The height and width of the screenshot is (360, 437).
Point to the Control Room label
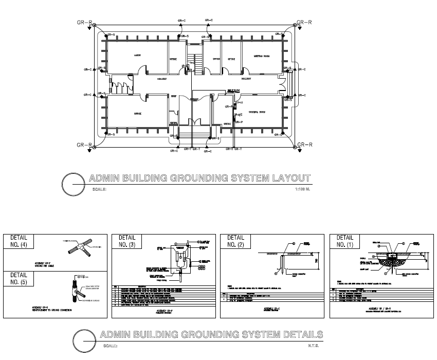pos(257,112)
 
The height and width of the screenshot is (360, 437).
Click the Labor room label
pos(137,55)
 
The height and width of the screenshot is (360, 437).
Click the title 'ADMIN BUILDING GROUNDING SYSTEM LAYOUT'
pos(200,178)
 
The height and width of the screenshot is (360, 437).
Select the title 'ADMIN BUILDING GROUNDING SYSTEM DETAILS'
pos(212,335)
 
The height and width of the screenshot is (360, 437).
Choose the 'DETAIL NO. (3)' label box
pos(127,242)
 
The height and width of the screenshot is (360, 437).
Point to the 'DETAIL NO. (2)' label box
pos(235,242)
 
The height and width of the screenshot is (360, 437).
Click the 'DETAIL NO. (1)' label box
pos(344,242)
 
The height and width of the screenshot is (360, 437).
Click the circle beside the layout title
pos(72,184)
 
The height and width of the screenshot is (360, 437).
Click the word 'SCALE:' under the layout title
pos(100,190)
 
